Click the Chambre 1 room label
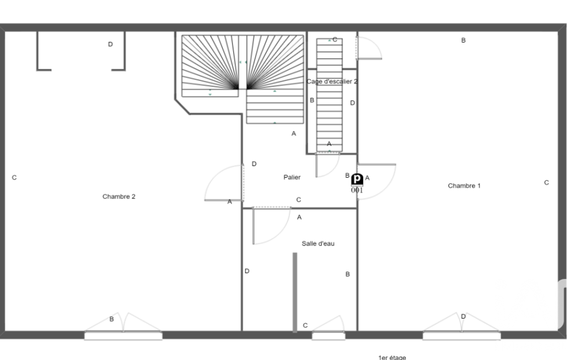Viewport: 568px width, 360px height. (464, 186)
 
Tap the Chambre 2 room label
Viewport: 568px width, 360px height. (119, 197)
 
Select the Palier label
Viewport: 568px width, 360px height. (292, 177)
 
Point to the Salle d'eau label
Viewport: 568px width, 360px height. (318, 244)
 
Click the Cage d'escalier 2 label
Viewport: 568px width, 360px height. (332, 81)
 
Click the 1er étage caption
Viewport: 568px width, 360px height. (392, 357)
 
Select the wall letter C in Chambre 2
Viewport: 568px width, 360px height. (14, 177)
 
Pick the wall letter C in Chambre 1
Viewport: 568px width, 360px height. (546, 183)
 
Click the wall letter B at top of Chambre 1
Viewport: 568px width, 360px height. (463, 40)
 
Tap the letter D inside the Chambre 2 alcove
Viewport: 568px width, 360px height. (110, 44)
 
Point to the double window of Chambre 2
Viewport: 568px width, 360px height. (123, 327)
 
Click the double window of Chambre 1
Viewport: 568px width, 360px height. (462, 327)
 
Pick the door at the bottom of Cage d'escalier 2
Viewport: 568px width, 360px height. (327, 165)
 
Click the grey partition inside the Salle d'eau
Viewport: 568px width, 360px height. (295, 292)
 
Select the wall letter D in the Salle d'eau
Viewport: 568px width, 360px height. (247, 271)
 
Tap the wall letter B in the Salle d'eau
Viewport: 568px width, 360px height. (347, 274)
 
